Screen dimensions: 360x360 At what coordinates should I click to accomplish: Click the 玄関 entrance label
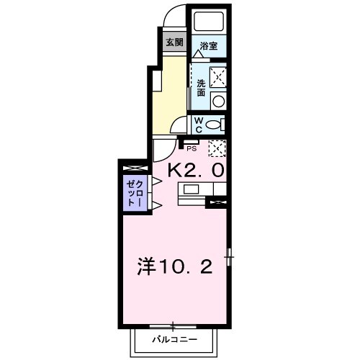(x=174, y=42)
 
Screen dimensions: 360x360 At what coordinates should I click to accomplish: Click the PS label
(x=191, y=150)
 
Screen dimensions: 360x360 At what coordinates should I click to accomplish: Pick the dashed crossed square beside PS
(x=217, y=148)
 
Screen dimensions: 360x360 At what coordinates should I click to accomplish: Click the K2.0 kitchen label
(x=196, y=170)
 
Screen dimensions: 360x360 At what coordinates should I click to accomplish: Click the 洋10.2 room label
(x=174, y=268)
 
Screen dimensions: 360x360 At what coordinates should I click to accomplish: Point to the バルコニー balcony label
(x=174, y=338)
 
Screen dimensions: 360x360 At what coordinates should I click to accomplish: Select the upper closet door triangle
(x=156, y=181)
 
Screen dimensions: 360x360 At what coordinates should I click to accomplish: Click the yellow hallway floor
(x=170, y=94)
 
